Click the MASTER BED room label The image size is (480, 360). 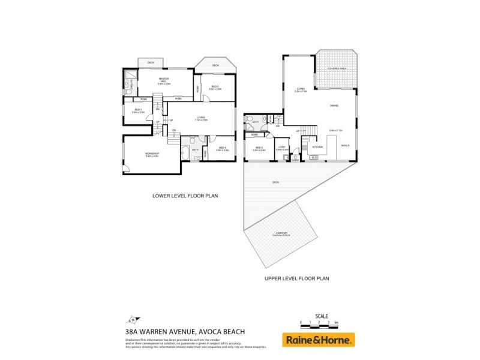click(x=163, y=80)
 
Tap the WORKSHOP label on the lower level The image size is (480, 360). click(x=152, y=154)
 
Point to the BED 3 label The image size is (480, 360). click(x=138, y=110)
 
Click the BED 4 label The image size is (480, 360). click(x=222, y=148)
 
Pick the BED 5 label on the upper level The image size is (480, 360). click(x=259, y=148)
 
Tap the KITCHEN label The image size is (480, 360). click(x=317, y=147)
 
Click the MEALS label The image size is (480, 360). click(x=345, y=145)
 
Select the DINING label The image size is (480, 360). click(x=334, y=106)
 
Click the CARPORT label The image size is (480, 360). click(x=281, y=233)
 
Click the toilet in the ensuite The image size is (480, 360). click(x=128, y=92)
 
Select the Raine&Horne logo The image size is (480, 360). click(x=319, y=340)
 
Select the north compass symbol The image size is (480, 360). click(x=133, y=319)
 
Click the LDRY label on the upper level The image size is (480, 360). click(x=281, y=148)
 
